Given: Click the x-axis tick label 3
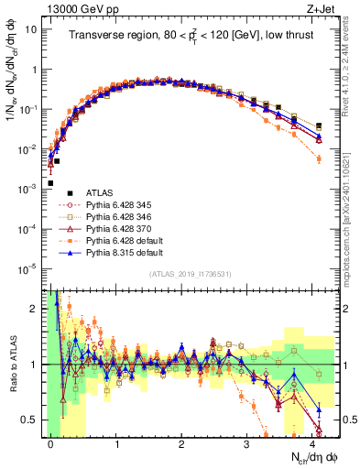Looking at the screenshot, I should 246,443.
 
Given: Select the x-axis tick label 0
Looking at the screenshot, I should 51,443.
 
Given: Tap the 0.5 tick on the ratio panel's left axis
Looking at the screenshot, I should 35,420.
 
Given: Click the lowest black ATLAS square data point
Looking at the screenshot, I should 51,183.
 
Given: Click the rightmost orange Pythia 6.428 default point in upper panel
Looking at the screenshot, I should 319,159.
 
